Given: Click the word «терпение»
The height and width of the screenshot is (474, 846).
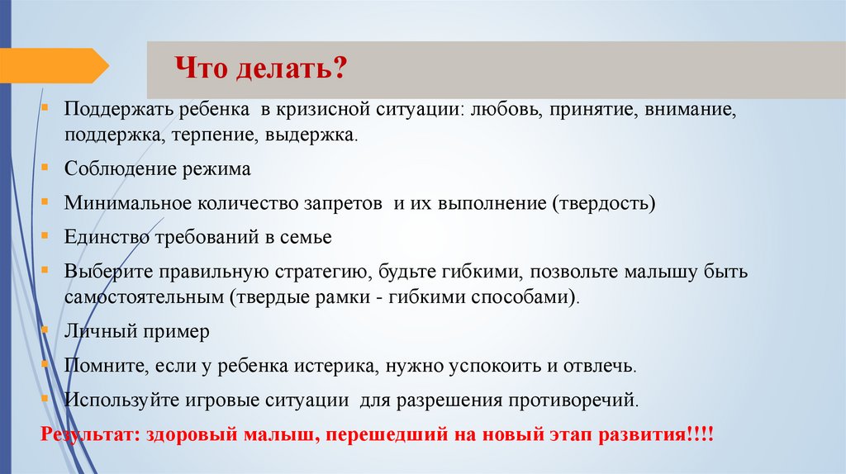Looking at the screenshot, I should pos(214,134).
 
